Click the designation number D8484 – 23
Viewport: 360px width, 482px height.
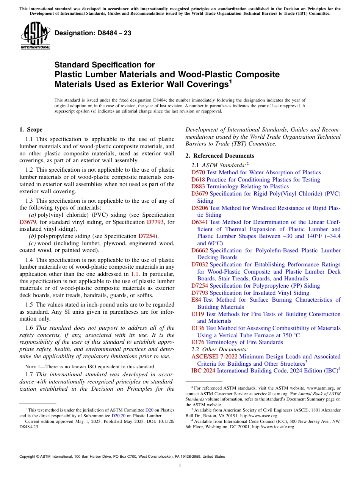point(93,33)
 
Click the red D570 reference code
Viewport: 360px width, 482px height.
point(198,172)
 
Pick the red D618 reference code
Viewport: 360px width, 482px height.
point(198,180)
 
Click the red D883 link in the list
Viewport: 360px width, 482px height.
point(198,186)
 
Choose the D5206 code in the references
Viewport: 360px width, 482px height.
point(200,208)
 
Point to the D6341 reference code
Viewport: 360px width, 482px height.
point(200,222)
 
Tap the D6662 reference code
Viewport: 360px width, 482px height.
point(200,250)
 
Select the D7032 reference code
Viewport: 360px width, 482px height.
point(200,264)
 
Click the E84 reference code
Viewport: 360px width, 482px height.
point(196,300)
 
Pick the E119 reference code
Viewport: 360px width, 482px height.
point(198,314)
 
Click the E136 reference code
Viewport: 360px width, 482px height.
point(198,328)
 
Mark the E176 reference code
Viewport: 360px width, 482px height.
point(198,342)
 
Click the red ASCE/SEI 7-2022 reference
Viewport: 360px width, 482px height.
point(214,357)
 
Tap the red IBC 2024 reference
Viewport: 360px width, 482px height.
point(203,371)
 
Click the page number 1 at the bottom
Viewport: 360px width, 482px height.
point(180,466)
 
